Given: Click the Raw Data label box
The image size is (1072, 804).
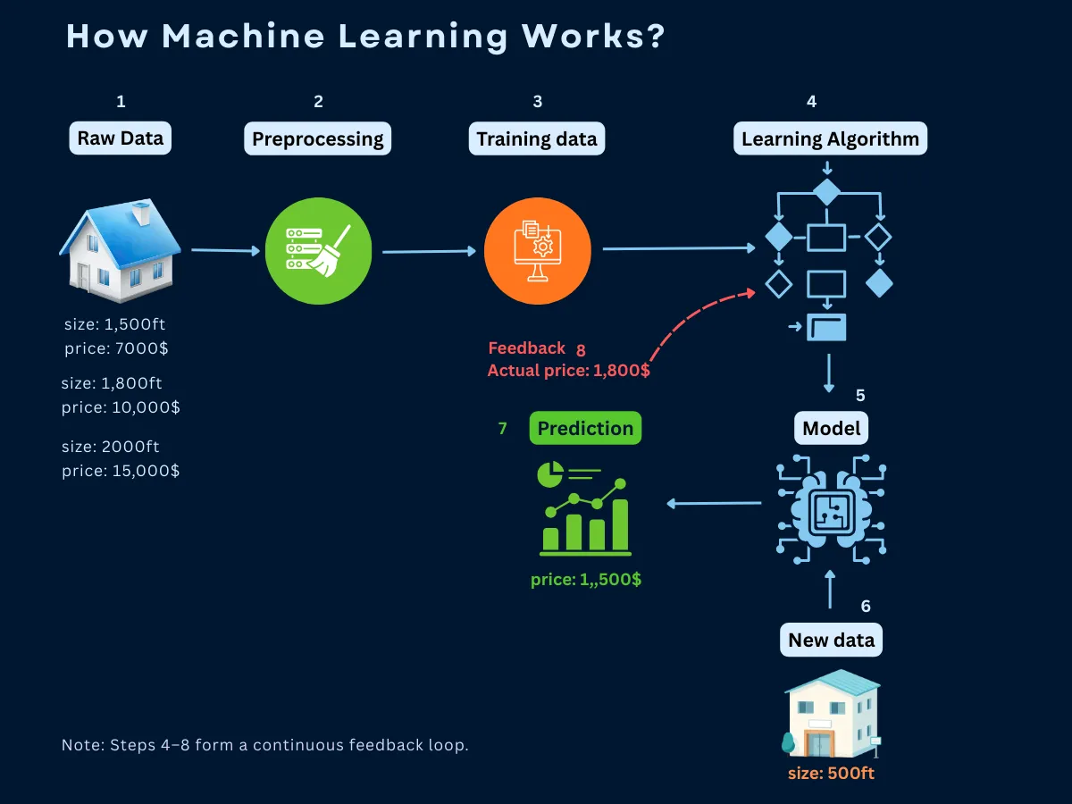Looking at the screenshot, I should coord(121,138).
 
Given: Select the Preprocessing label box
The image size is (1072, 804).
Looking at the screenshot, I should coord(317,139).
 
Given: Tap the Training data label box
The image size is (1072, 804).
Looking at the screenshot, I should coord(537,139).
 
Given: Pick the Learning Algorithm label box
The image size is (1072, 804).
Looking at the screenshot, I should coord(830,139).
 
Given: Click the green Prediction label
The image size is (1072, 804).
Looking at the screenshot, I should coord(585,428).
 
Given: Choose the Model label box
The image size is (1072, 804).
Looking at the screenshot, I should coord(831,428).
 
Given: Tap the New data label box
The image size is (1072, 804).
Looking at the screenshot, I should coord(831,640).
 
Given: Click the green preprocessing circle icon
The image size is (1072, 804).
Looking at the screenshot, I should coord(319,251).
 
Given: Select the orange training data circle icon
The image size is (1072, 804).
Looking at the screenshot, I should coord(538,251).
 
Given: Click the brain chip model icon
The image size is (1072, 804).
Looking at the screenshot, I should coord(830,509).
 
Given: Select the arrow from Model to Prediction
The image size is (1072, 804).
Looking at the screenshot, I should coord(715,504).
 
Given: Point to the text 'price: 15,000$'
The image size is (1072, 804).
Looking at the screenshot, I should coord(121,470).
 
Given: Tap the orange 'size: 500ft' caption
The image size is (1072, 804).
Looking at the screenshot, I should coord(831,773).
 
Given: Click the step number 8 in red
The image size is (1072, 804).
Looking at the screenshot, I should coord(581,348).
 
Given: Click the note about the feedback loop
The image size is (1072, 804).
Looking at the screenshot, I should coord(265,745).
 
